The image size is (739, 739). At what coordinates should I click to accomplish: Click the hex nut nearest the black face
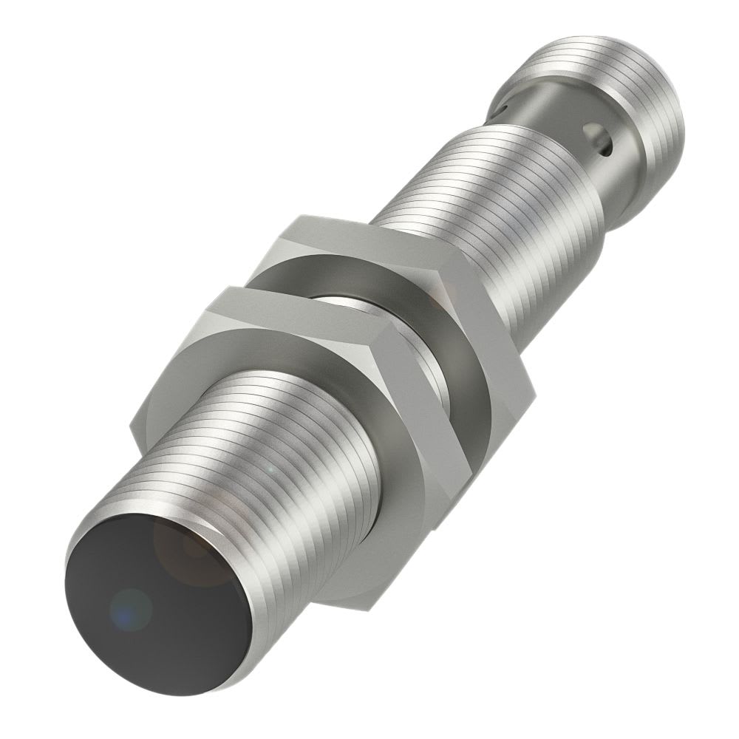click(296, 414)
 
